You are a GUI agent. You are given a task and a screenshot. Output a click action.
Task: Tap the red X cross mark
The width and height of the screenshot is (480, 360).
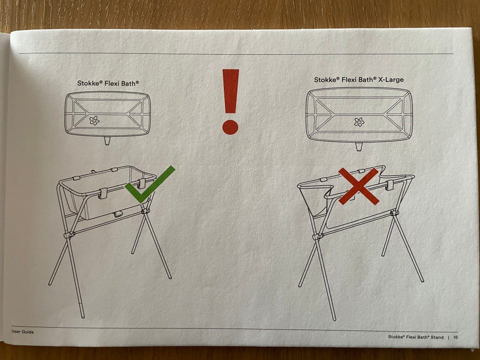pyautogui.click(x=359, y=186)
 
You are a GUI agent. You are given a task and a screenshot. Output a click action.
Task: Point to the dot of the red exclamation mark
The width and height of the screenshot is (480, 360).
pyautogui.click(x=230, y=127)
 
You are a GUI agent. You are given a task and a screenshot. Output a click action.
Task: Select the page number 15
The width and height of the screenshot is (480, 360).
pyautogui.click(x=456, y=337)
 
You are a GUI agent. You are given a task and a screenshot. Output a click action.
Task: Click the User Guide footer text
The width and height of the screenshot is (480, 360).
pyautogui.click(x=22, y=331)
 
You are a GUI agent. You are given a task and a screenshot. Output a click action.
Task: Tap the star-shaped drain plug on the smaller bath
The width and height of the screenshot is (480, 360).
pyautogui.click(x=94, y=120)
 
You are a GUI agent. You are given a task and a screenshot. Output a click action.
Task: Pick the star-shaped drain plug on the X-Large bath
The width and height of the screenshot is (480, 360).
pyautogui.click(x=359, y=122)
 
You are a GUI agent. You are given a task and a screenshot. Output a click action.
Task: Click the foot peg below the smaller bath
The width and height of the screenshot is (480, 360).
pyautogui.click(x=107, y=140)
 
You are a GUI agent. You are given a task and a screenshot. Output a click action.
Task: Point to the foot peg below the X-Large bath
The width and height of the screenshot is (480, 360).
pyautogui.click(x=359, y=146)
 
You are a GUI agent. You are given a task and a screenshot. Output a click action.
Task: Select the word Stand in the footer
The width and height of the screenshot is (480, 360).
pyautogui.click(x=437, y=337)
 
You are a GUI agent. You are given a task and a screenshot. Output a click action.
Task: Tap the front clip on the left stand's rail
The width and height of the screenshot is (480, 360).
pyautogui.click(x=103, y=193)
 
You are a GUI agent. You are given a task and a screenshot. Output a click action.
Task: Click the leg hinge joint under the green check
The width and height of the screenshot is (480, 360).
pyautogui.click(x=145, y=210)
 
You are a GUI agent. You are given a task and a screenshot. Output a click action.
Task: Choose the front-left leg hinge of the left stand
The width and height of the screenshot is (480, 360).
pyautogui.click(x=69, y=235)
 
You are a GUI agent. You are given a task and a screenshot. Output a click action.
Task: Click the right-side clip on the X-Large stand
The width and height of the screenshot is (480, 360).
pyautogui.click(x=389, y=185)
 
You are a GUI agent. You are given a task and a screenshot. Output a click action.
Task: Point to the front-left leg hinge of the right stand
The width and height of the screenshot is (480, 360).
pyautogui.click(x=318, y=236)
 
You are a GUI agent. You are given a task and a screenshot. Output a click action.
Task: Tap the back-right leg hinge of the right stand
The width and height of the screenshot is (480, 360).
pyautogui.click(x=394, y=212)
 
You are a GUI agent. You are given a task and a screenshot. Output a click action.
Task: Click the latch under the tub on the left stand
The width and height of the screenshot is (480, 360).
pyautogui.click(x=118, y=214)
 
